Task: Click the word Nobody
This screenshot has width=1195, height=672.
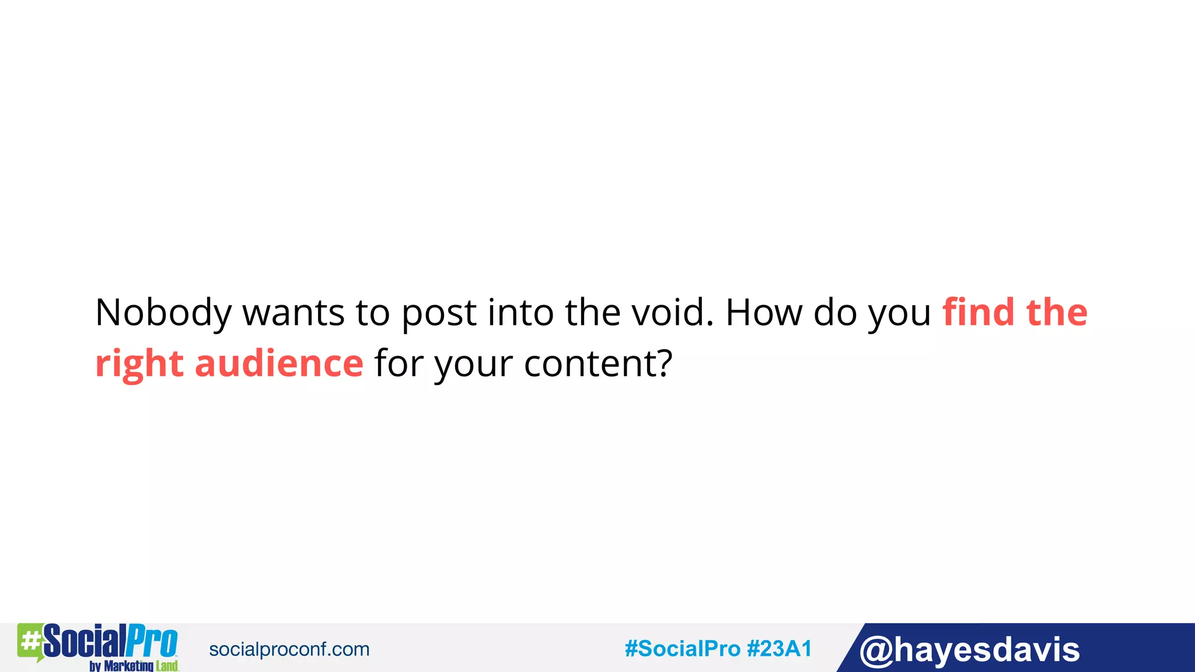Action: tap(163, 313)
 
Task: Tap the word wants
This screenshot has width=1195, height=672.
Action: tap(293, 313)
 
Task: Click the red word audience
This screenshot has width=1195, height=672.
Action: tap(279, 363)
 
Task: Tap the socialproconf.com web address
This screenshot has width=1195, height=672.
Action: tap(289, 649)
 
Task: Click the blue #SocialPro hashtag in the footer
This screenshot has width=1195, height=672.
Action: tap(682, 649)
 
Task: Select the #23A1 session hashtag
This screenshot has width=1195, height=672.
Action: tap(780, 649)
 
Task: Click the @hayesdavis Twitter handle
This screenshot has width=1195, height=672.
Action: tap(969, 650)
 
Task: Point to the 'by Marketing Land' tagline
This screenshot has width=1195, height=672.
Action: tap(134, 666)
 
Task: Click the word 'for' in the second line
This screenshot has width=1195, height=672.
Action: tap(399, 363)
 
